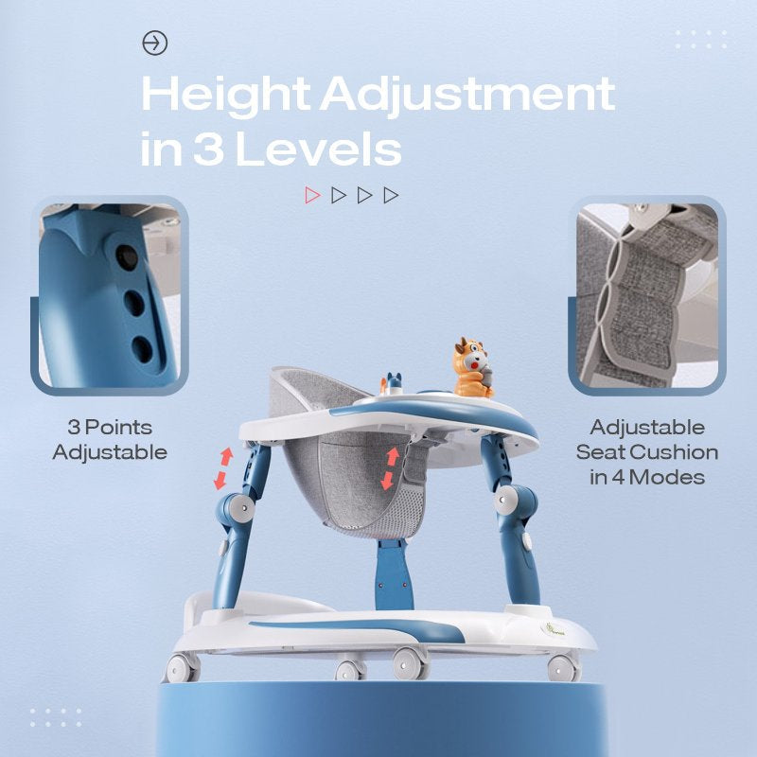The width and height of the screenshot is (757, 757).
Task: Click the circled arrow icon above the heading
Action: pyautogui.click(x=154, y=43)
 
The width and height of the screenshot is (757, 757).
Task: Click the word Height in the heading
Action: pyautogui.click(x=224, y=95)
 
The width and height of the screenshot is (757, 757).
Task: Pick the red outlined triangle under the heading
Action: pyautogui.click(x=312, y=195)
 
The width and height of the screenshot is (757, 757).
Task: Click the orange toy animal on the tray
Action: pyautogui.click(x=471, y=368)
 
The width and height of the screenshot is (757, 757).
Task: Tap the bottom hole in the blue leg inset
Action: pyautogui.click(x=142, y=348)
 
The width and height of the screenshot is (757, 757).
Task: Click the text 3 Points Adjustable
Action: pyautogui.click(x=110, y=440)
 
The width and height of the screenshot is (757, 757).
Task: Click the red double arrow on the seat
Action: pyautogui.click(x=389, y=468)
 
